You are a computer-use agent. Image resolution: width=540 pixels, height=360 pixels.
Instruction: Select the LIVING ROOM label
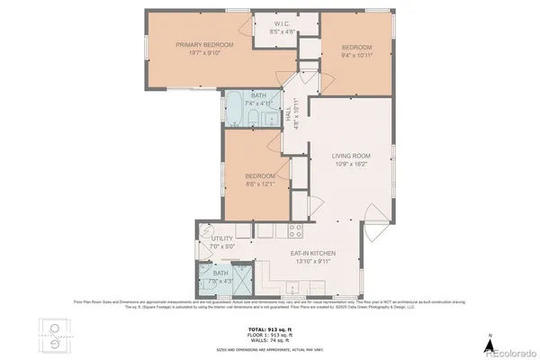[x=352, y=157]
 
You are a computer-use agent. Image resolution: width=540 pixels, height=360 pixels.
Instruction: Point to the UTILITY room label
[x=222, y=238]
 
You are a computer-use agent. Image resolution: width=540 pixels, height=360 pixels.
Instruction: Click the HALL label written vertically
[x=289, y=114]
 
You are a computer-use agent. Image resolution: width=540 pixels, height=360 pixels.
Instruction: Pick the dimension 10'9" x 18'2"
[x=352, y=165]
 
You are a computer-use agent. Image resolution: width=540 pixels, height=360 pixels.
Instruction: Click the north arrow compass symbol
[x=488, y=343]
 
